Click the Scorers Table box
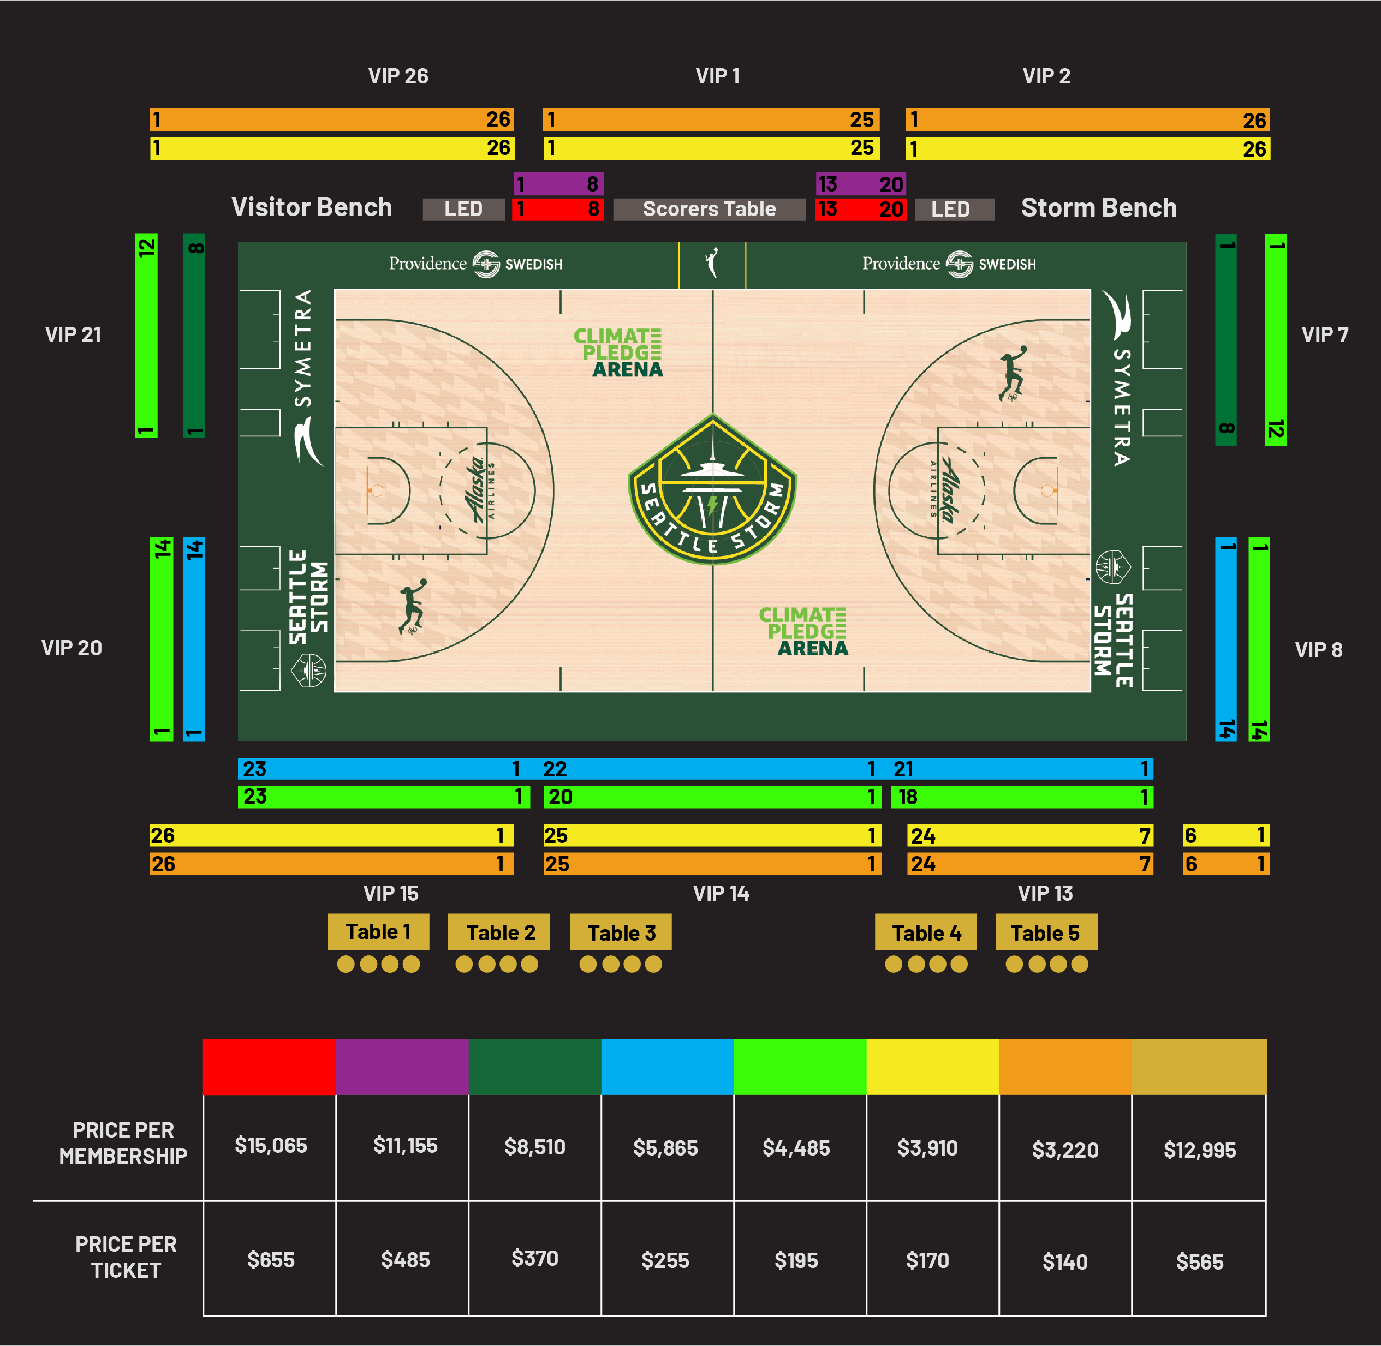click(709, 210)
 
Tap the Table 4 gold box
click(926, 932)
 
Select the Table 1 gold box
click(378, 932)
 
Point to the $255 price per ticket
click(665, 1260)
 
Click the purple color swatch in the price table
click(402, 1066)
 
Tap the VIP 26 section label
click(398, 76)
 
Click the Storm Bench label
click(1099, 208)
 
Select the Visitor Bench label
click(312, 207)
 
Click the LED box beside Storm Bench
click(954, 210)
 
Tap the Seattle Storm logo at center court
click(713, 489)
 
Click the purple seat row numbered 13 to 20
click(861, 184)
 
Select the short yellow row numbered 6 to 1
click(1226, 836)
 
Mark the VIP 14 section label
click(721, 894)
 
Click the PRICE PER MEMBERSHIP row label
click(123, 1143)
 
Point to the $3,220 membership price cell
click(1065, 1150)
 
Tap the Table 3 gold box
click(621, 932)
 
